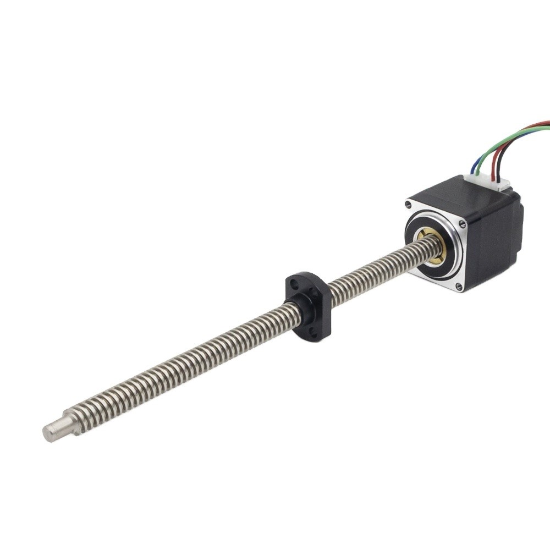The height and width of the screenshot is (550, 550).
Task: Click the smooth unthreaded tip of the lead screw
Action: [x=55, y=430]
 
